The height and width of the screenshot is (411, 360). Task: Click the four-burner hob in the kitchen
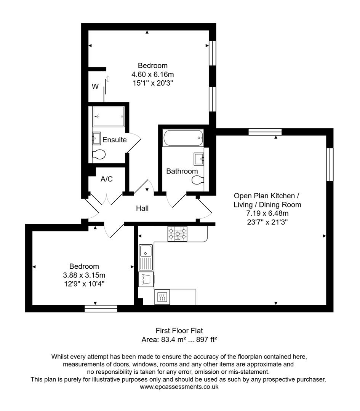178,234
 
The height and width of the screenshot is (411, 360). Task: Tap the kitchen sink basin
146,251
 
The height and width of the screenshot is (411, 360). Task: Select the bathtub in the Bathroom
183,138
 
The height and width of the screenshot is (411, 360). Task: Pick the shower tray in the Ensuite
109,116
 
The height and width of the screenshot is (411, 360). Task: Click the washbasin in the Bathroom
198,158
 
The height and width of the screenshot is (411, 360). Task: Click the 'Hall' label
142,209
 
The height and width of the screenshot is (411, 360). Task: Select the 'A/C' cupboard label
107,179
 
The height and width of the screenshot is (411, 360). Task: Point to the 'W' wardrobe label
95,87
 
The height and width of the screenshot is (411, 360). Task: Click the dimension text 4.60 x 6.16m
152,74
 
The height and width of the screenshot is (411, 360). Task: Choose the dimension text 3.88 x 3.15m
84,275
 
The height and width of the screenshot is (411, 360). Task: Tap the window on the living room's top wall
265,132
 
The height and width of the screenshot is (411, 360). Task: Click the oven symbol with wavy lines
162,297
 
